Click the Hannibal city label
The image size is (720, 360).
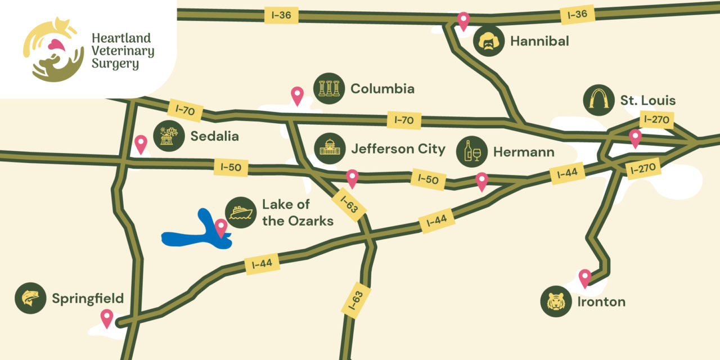[539, 41]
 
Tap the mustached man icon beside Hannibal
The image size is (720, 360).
[488, 41]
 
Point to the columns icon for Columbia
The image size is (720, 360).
[329, 88]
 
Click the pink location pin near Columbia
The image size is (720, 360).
[297, 96]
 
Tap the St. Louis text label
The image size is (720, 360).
[647, 101]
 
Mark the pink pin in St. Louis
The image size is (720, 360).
[635, 138]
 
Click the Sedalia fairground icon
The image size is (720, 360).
[169, 136]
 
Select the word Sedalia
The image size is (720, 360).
[214, 136]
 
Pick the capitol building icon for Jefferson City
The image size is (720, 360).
[329, 149]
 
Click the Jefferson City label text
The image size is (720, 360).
[398, 149]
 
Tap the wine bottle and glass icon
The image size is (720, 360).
[471, 152]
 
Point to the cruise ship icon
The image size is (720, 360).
[241, 213]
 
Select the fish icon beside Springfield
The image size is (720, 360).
[30, 298]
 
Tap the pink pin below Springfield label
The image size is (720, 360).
[106, 318]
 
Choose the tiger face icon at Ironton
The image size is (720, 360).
[556, 301]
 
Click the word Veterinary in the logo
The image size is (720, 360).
[123, 51]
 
